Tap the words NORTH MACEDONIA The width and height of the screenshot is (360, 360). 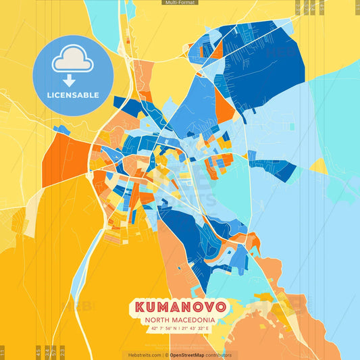pos(180,319)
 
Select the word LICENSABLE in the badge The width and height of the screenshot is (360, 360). pos(73,95)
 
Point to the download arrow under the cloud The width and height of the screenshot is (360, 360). pos(73,80)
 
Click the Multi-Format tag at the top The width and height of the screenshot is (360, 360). pos(180,3)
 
